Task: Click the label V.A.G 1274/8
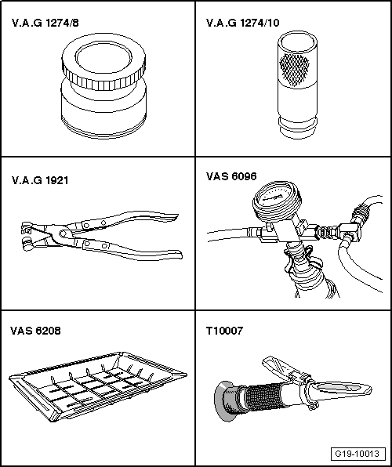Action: (x=45, y=24)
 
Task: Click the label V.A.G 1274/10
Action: (x=243, y=24)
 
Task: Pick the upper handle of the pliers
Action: (x=141, y=216)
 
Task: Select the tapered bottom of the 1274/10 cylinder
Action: (x=296, y=125)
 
